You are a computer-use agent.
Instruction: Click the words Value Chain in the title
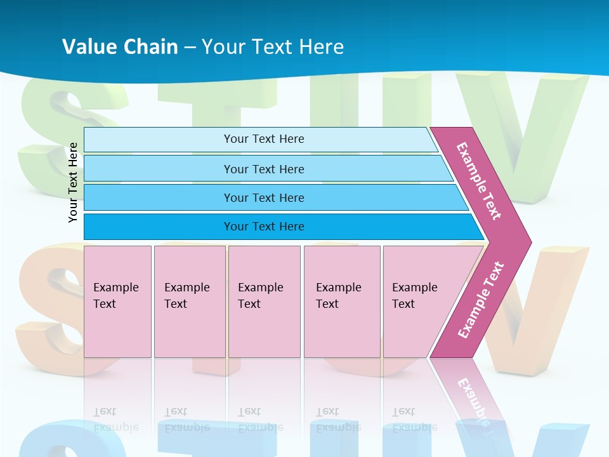click(x=120, y=47)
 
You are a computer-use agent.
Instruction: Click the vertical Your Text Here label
click(x=74, y=182)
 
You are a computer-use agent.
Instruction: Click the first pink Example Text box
click(x=117, y=301)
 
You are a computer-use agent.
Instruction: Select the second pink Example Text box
click(x=190, y=301)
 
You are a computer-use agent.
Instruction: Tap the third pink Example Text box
click(x=264, y=301)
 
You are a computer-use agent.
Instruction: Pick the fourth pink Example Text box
click(x=342, y=301)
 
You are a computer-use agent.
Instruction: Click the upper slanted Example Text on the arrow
click(x=479, y=181)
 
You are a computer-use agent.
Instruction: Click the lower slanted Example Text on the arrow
click(x=481, y=300)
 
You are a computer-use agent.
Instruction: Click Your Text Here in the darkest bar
click(x=264, y=227)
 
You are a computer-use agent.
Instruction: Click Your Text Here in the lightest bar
click(x=264, y=139)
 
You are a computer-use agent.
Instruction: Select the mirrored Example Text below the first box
click(x=116, y=420)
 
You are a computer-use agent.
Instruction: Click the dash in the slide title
click(x=190, y=48)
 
